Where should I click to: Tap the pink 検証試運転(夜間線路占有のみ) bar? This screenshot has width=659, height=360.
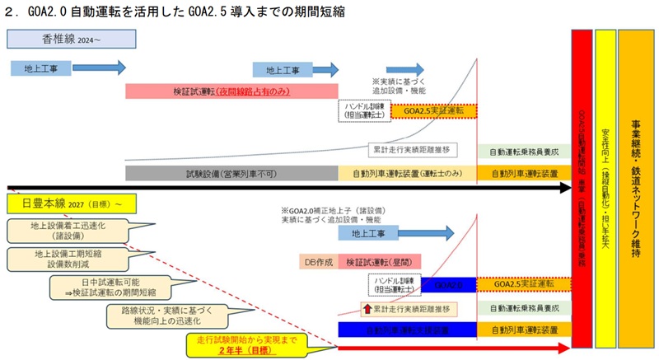(231, 90)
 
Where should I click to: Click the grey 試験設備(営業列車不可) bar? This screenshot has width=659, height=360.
(231, 174)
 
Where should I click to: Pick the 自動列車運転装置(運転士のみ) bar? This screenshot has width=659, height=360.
(407, 174)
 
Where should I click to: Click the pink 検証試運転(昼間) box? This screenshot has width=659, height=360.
(374, 262)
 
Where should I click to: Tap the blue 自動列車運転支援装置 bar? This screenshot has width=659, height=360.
(407, 330)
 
